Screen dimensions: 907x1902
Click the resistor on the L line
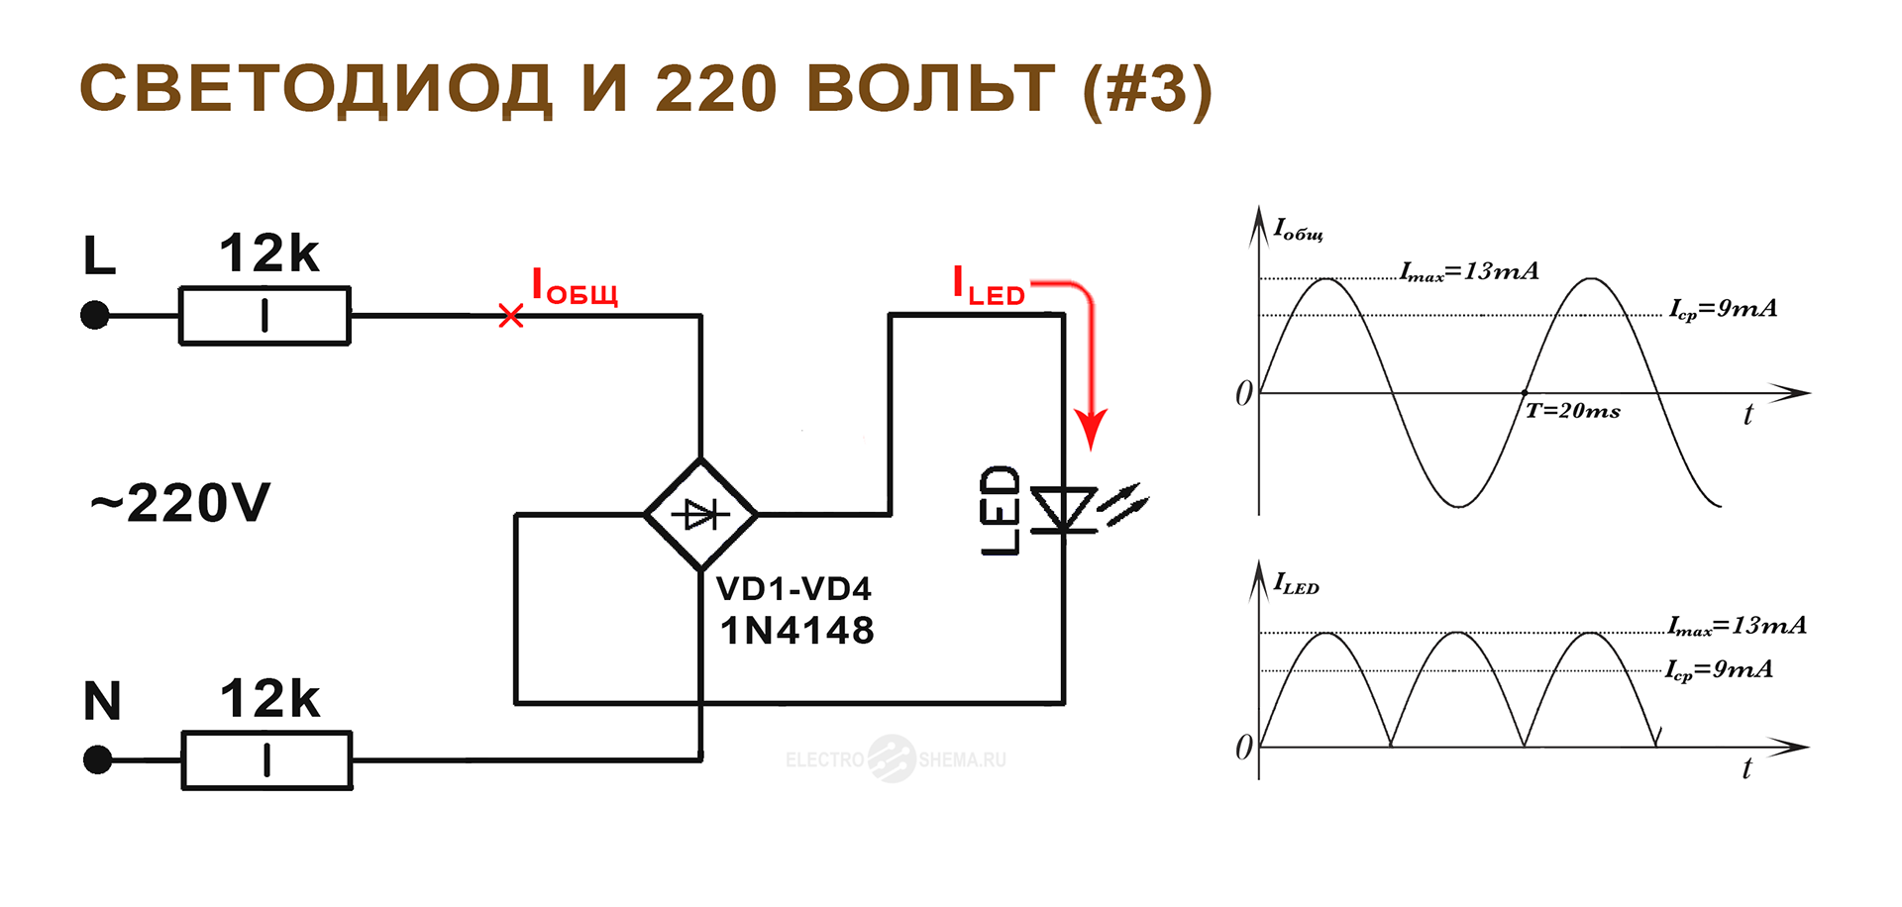point(264,316)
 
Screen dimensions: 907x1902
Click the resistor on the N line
point(266,760)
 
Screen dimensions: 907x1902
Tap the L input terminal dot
point(95,316)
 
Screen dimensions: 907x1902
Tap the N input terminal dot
point(97,760)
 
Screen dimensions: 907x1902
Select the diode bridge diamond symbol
point(701,514)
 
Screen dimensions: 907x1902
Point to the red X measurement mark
point(511,316)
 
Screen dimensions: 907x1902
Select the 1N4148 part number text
point(797,631)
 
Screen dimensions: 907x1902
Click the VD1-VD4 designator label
point(793,589)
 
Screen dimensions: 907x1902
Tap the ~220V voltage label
point(180,503)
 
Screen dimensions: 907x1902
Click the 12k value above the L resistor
point(269,253)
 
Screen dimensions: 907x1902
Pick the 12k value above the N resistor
point(269,699)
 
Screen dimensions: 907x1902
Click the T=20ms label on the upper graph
point(1573,411)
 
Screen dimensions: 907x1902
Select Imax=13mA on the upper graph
point(1469,271)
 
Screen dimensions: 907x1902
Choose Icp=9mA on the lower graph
point(1719,670)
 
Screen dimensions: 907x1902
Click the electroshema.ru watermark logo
point(895,759)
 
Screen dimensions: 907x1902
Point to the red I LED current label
point(988,286)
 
